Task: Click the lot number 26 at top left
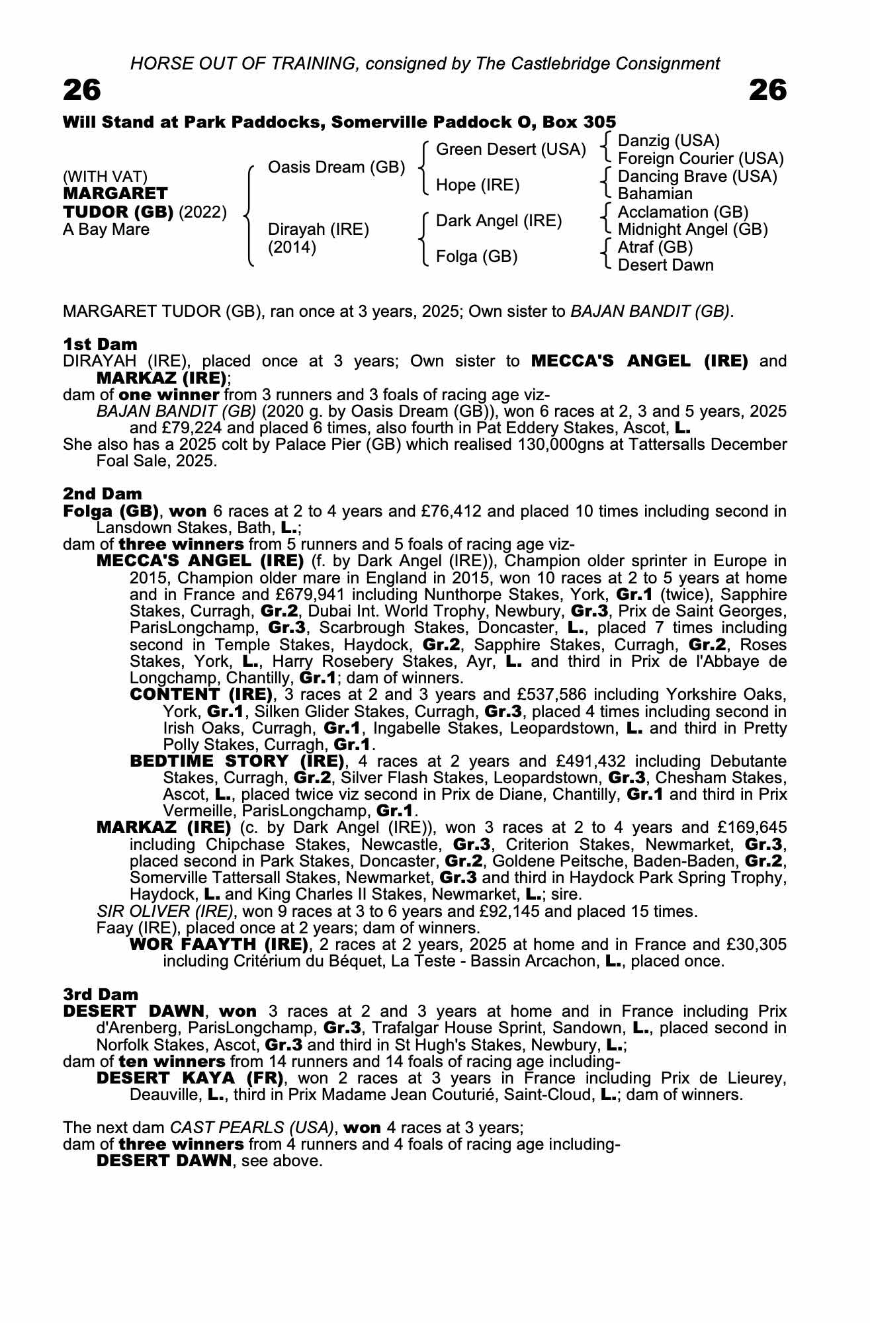[x=82, y=90]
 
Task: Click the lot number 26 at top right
[x=767, y=90]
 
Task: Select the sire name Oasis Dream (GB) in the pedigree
[x=336, y=167]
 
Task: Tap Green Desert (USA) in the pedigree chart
[x=511, y=149]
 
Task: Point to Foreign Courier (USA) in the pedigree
[x=700, y=159]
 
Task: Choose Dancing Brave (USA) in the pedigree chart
[x=697, y=177]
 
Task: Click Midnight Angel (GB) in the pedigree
[x=693, y=230]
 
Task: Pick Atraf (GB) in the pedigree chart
[x=655, y=247]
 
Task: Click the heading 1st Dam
[x=100, y=344]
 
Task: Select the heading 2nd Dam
[x=102, y=493]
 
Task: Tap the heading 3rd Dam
[x=101, y=994]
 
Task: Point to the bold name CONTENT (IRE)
[x=202, y=695]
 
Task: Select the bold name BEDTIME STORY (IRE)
[x=238, y=761]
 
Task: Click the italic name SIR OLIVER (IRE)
[x=165, y=912]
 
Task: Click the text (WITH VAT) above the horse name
[x=105, y=177]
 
